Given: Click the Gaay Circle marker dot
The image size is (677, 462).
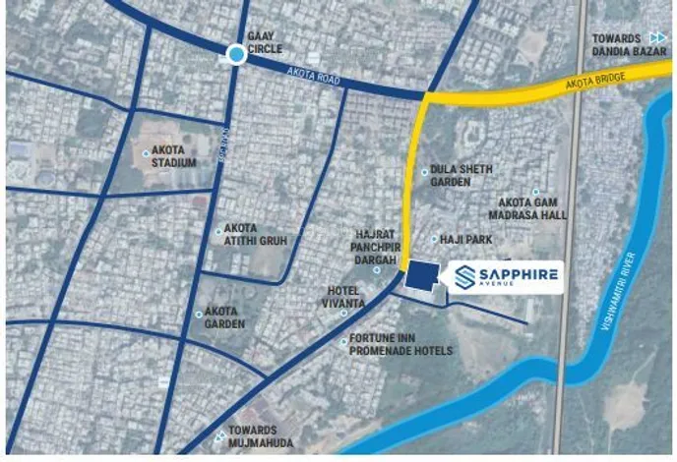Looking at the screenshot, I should point(236,55).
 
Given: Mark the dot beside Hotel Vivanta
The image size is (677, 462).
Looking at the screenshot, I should point(344,313).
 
